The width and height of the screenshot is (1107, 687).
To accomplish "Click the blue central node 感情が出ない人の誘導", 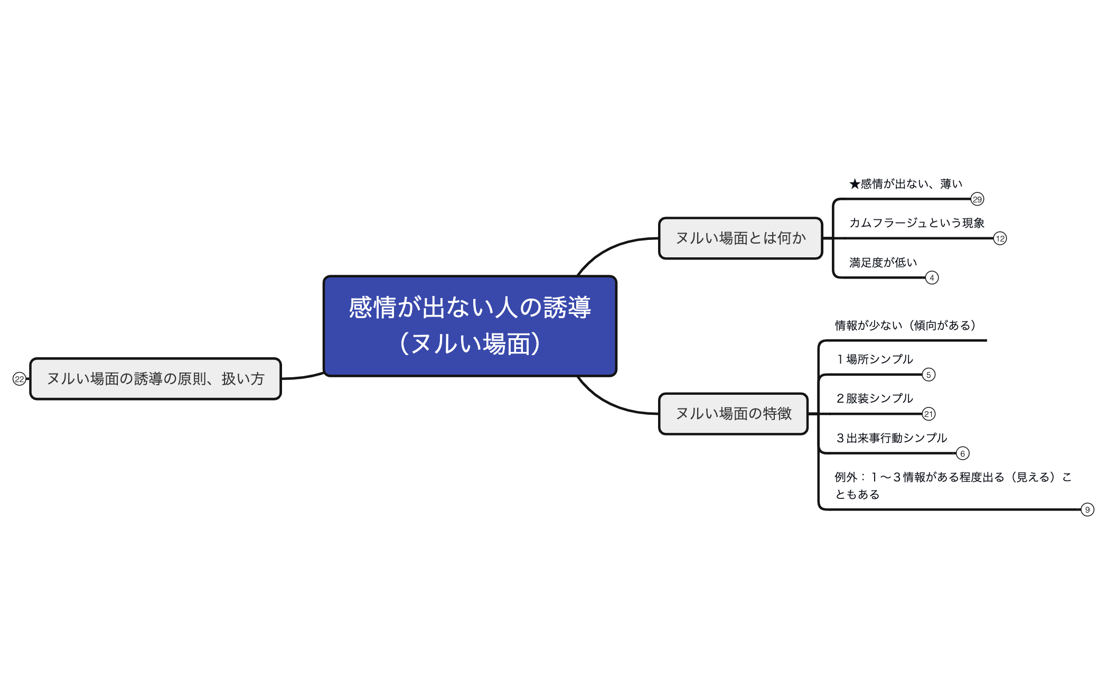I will tap(470, 326).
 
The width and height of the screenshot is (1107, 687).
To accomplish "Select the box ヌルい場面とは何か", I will tap(740, 238).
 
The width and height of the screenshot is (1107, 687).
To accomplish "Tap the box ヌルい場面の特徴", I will tap(733, 414).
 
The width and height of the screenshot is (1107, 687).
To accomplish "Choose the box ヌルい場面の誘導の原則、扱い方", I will tap(155, 379).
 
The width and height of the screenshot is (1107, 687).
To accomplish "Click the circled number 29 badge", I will tap(977, 199).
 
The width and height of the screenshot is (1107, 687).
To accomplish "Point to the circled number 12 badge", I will tap(1000, 238).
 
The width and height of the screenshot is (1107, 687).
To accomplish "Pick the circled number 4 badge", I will tap(932, 277).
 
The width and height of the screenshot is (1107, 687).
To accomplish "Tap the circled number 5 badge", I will tap(928, 375).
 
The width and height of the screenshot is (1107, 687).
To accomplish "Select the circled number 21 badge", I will tap(928, 414).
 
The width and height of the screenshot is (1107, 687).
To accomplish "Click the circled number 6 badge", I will tap(962, 453).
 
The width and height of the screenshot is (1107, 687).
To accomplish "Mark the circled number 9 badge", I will tap(1087, 509).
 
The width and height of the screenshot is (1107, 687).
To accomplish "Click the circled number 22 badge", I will tap(20, 379).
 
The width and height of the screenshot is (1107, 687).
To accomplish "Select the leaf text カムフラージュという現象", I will tap(916, 223).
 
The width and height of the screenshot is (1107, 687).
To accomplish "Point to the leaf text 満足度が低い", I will tap(883, 263).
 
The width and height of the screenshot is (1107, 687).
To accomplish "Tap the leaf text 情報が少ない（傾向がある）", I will tap(905, 326).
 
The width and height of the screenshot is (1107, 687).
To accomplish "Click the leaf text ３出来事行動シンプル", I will tap(891, 438).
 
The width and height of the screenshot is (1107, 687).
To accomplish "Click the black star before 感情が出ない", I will tap(855, 184).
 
